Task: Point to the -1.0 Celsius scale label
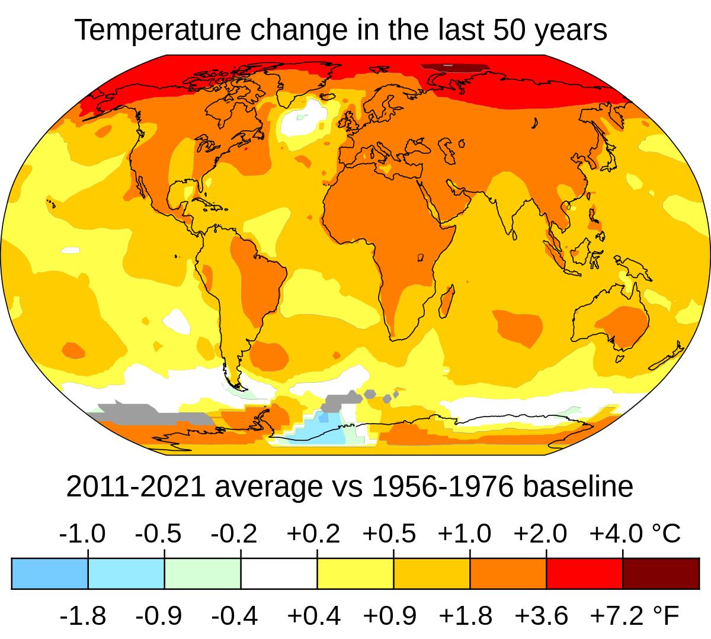pyautogui.click(x=82, y=534)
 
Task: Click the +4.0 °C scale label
pyautogui.click(x=635, y=534)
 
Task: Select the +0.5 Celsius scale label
pyautogui.click(x=389, y=534)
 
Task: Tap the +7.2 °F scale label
pyautogui.click(x=635, y=616)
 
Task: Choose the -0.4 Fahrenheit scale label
pyautogui.click(x=235, y=616)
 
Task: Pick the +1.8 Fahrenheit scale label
pyautogui.click(x=466, y=616)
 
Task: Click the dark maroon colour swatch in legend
pyautogui.click(x=661, y=573)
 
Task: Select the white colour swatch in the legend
pyautogui.click(x=278, y=573)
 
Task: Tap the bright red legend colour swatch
pyautogui.click(x=584, y=573)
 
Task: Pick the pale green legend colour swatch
pyautogui.click(x=203, y=573)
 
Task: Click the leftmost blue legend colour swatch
pyautogui.click(x=50, y=573)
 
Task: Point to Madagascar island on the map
pyautogui.click(x=447, y=300)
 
